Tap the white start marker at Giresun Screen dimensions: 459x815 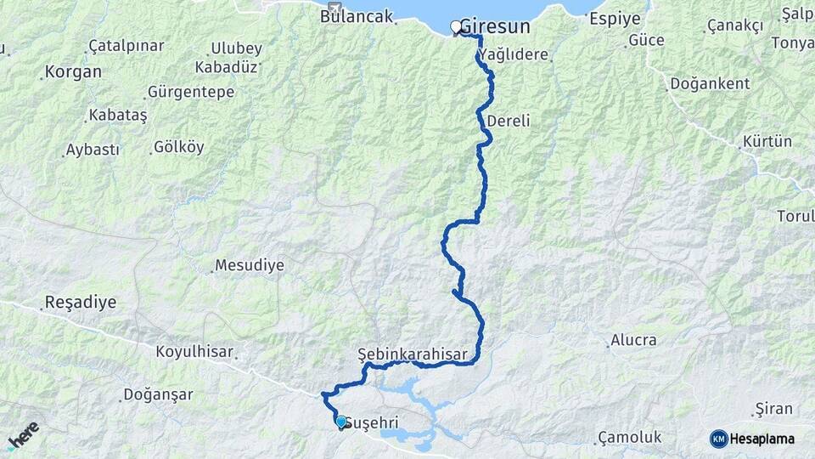pos(456,27)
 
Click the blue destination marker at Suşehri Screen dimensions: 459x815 pos(341,422)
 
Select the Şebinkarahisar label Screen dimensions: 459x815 pos(402,352)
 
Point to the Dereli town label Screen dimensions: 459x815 pos(509,122)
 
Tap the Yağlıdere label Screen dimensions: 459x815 pos(514,55)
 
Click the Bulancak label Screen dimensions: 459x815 pos(357,16)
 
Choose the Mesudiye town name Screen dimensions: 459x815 pos(250,265)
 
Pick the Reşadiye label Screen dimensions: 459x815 pos(81,303)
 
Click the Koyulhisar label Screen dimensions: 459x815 pos(194,350)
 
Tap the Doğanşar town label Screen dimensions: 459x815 pos(159,394)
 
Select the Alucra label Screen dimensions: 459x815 pos(633,340)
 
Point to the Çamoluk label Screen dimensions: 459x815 pos(629,436)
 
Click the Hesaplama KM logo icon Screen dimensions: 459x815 pos(719,439)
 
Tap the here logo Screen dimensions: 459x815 pos(23,435)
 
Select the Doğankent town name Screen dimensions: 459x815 pos(710,83)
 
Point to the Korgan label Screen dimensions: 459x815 pos(74,71)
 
